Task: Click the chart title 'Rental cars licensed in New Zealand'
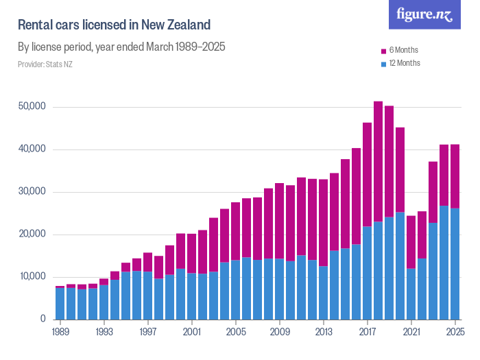[114, 25]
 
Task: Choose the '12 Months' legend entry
[404, 63]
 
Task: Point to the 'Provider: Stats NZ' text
[45, 64]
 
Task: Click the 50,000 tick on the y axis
[32, 107]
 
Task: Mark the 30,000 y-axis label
[32, 192]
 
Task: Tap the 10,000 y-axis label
[32, 276]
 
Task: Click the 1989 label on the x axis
[60, 332]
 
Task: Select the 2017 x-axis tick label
[368, 332]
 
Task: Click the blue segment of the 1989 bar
[60, 303]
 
